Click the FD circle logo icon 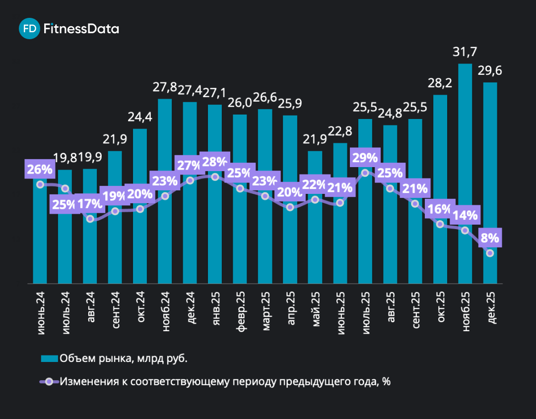click(29, 29)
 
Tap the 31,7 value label click(465, 52)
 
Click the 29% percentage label click(365, 158)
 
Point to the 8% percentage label click(490, 238)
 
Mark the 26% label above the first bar click(40, 169)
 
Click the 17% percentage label click(90, 204)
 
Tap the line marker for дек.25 click(490, 253)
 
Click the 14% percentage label click(465, 215)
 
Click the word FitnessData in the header click(81, 29)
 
